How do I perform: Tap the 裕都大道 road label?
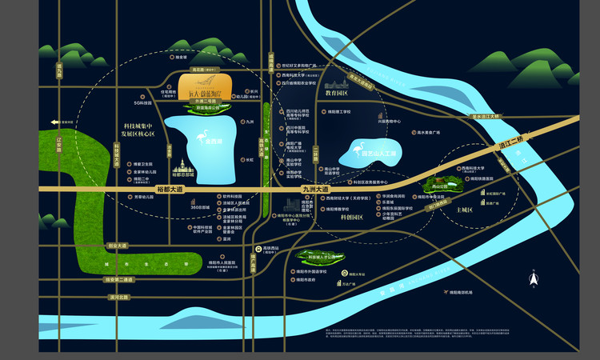pyautogui.click(x=171, y=189)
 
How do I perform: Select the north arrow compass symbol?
pyautogui.click(x=533, y=278)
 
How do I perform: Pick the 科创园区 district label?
pyautogui.click(x=352, y=217)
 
